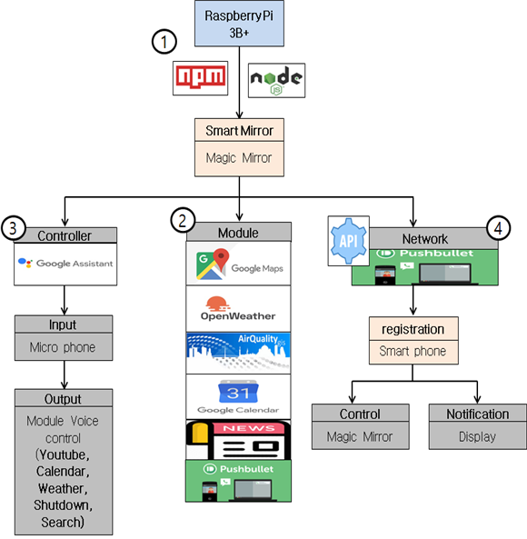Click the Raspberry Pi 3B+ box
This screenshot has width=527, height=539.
[239, 25]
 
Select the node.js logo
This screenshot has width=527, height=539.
[276, 80]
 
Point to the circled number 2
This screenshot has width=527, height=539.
[184, 219]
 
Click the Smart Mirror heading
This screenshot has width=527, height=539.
[239, 131]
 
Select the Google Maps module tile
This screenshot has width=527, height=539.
[239, 264]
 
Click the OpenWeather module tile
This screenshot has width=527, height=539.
[239, 308]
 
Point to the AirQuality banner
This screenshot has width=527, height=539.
[239, 352]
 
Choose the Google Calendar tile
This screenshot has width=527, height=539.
[239, 396]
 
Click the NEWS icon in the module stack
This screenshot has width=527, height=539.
[239, 439]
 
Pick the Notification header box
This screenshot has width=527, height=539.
[476, 414]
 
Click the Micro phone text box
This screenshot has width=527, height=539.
[63, 346]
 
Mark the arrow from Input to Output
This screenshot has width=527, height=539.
[63, 374]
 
